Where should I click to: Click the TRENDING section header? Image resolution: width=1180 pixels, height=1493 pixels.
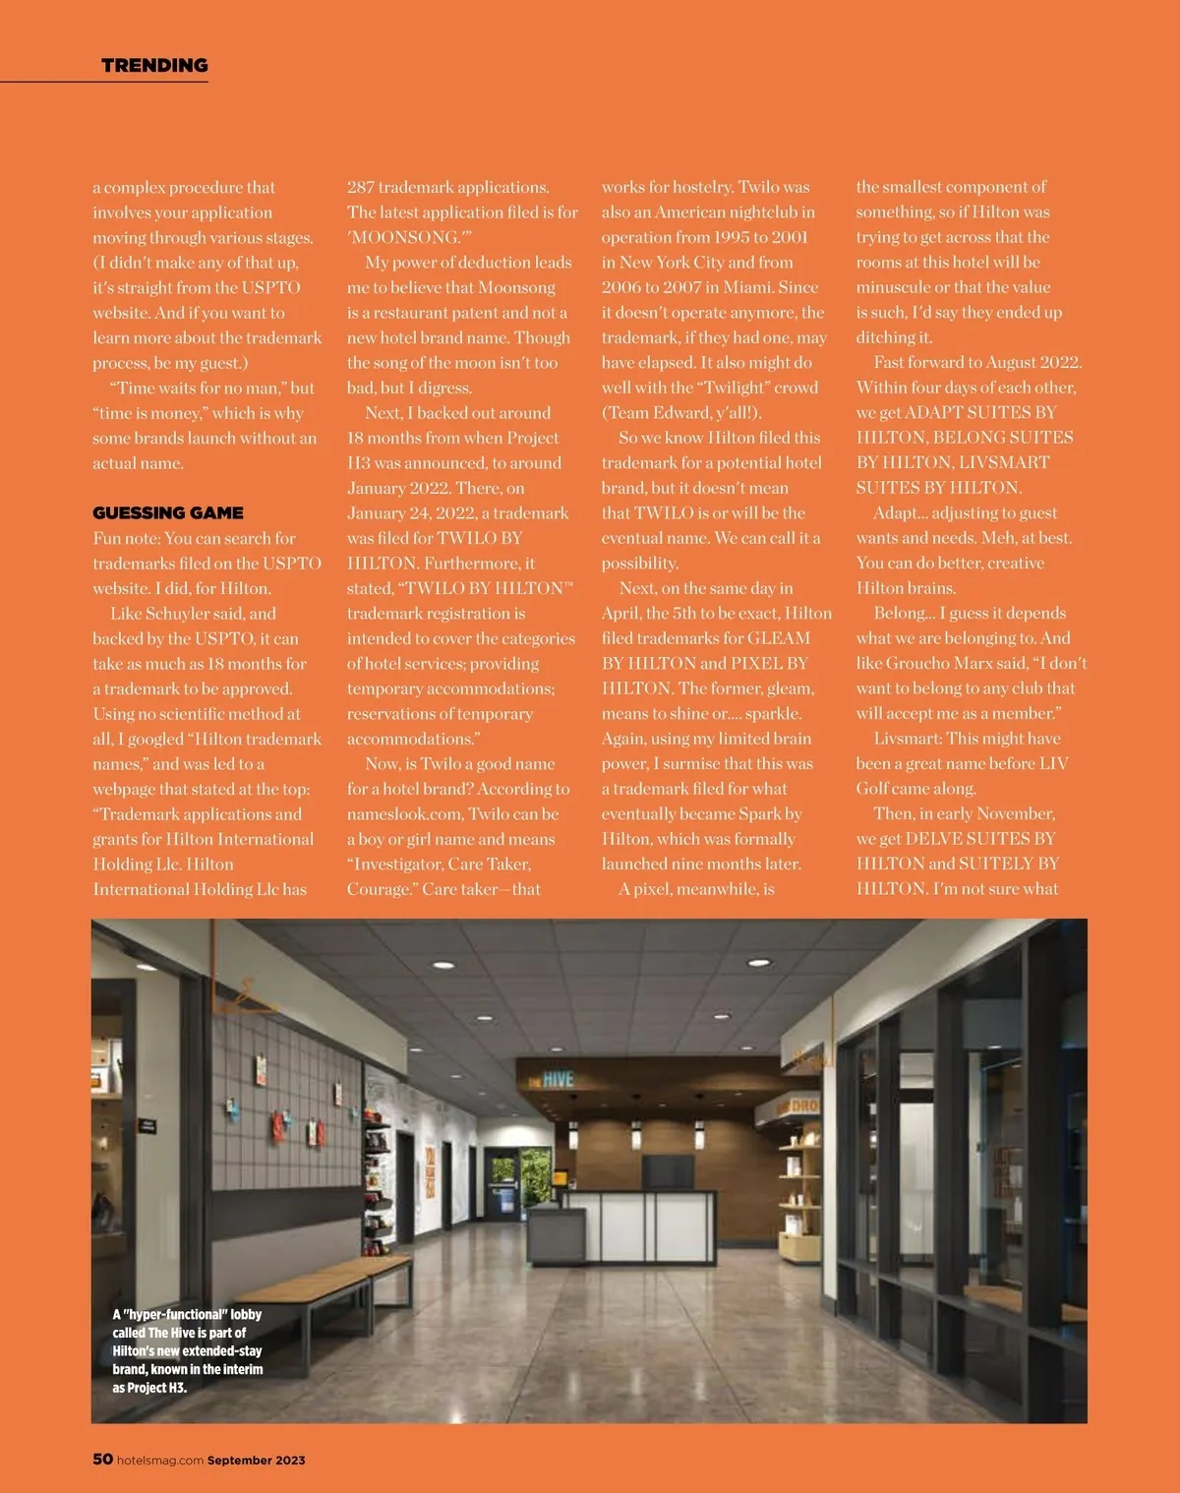154,66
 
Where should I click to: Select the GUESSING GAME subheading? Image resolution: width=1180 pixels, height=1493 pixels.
168,513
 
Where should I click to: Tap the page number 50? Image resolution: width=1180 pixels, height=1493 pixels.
102,1459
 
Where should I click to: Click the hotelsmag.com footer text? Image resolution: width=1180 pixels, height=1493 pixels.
160,1461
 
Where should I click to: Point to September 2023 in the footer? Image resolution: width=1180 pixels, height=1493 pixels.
256,1461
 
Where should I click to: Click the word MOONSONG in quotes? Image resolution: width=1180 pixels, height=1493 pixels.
405,237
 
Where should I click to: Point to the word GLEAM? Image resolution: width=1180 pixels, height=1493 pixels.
779,638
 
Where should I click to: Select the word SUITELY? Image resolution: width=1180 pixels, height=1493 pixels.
994,864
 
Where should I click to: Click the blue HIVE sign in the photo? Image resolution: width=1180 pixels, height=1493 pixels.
558,1079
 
